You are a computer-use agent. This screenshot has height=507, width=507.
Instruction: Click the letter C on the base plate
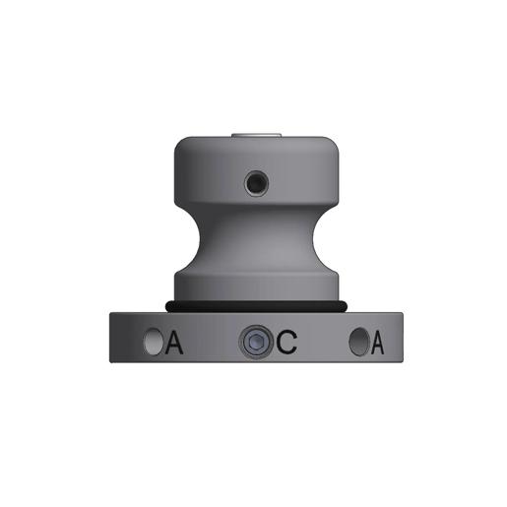(286, 343)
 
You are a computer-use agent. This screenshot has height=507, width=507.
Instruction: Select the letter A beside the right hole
(377, 343)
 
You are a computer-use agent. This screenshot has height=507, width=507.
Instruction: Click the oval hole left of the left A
(154, 343)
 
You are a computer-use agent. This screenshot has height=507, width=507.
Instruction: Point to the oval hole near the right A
(358, 343)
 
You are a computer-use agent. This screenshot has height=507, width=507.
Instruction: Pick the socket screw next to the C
(254, 343)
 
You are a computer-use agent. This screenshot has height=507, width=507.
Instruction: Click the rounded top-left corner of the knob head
(179, 145)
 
